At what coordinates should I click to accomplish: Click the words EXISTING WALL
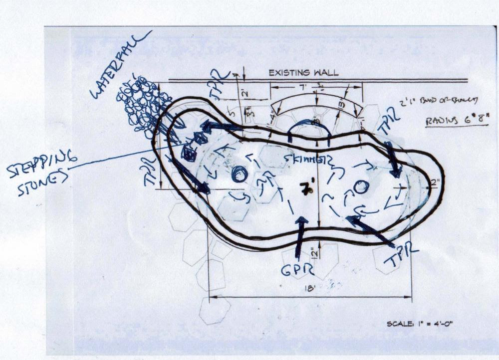point(303,73)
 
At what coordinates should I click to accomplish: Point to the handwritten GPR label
point(298,270)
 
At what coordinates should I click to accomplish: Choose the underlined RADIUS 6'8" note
point(456,121)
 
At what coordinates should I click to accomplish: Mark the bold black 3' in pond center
point(304,188)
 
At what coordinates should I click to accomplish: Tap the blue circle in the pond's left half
point(240,175)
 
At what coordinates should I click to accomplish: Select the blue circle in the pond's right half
point(361,187)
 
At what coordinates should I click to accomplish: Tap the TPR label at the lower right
point(402,256)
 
